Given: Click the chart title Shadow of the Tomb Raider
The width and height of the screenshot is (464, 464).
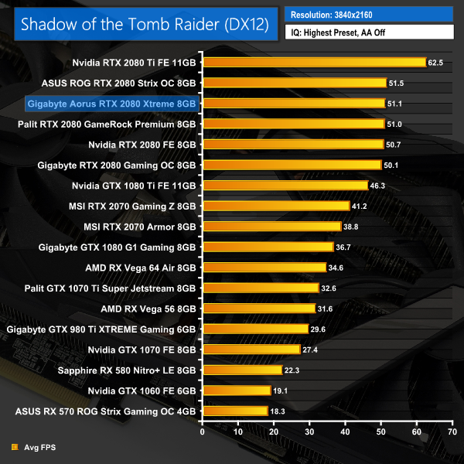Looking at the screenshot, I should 145,24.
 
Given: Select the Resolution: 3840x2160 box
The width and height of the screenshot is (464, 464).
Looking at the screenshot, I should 370,14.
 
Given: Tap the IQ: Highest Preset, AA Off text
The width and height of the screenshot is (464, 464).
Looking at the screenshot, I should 370,33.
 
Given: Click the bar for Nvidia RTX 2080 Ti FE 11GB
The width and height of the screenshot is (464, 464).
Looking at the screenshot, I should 314,63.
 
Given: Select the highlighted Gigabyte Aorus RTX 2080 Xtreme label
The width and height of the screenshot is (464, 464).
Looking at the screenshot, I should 112,103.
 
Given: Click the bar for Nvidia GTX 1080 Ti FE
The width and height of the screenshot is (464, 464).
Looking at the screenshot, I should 285,185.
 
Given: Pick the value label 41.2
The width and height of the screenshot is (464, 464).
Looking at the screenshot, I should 362,206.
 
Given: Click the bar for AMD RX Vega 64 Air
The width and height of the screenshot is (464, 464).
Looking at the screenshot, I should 264,267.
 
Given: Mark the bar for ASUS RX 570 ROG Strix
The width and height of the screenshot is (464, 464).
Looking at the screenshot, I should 235,411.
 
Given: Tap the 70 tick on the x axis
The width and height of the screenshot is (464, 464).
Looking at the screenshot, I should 452,430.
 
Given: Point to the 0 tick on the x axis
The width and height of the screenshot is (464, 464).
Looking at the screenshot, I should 203,430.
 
